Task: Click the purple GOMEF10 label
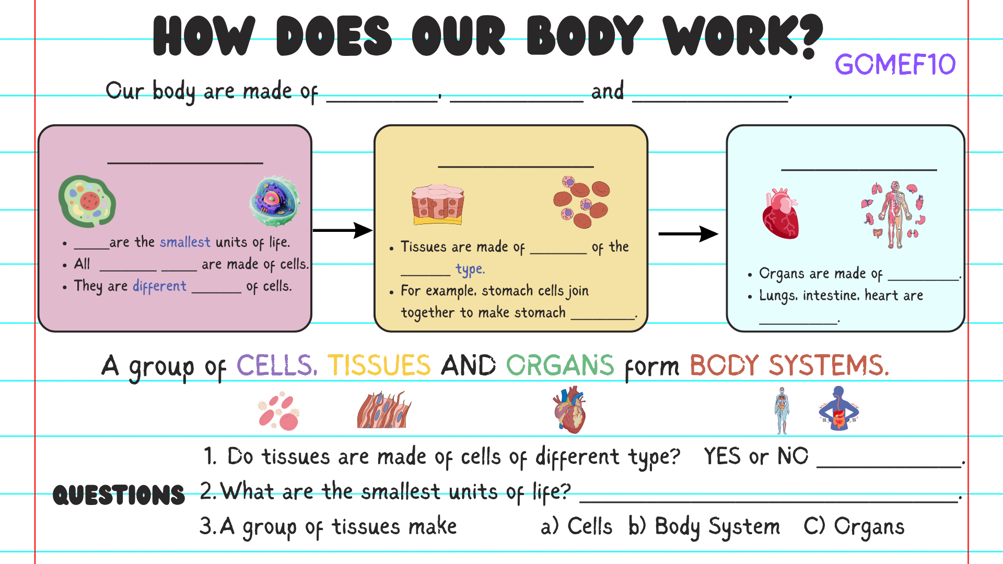[895, 65]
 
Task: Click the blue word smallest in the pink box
[185, 242]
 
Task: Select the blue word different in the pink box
[159, 286]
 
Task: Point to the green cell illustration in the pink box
[87, 201]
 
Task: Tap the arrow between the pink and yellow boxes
[343, 230]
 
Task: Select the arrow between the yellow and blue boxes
[689, 233]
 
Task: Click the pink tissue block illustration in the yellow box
[438, 204]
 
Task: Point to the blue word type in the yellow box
[470, 269]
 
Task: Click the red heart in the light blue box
[780, 214]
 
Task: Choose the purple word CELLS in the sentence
[277, 365]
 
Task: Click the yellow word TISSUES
[379, 365]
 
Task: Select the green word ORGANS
[560, 365]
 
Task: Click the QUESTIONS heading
[119, 495]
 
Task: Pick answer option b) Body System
[704, 527]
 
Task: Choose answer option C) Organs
[854, 527]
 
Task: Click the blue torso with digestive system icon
[838, 408]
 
